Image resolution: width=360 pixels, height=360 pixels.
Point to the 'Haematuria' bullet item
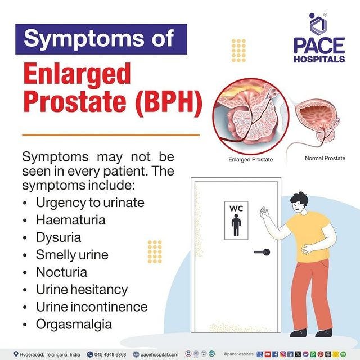point(70,219)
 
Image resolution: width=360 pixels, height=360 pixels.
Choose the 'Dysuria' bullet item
point(58,237)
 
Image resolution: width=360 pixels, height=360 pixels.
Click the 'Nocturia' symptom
point(61,272)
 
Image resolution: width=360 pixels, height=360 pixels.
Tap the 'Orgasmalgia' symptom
point(74,325)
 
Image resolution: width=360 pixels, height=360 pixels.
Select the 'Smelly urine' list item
point(71,254)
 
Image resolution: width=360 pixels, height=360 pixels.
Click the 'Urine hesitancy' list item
point(82,290)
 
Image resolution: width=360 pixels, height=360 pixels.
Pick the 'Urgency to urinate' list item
point(90,202)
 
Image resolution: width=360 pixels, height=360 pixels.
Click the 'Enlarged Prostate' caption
point(250,160)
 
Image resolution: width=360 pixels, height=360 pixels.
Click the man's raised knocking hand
point(264,214)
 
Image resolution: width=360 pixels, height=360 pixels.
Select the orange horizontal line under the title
point(110,135)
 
